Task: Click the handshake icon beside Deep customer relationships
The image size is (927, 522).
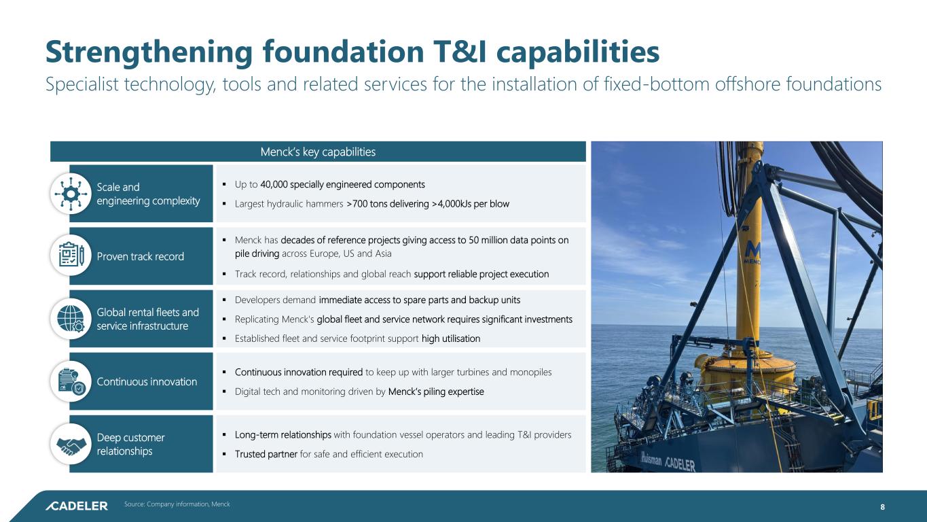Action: pos(71,446)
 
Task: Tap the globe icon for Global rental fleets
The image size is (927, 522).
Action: pos(71,319)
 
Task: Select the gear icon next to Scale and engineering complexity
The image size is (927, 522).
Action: pos(71,194)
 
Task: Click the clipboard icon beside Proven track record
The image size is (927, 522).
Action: pos(71,254)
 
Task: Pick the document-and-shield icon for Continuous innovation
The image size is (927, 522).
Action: pos(71,381)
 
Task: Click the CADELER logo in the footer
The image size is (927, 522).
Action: pos(77,506)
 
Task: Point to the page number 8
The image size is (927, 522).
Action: pos(882,507)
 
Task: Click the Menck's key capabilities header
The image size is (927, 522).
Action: pos(318,152)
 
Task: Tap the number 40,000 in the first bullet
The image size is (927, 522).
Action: pos(274,184)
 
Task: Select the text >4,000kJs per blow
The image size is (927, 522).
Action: pos(471,204)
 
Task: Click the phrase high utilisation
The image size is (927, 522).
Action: pos(451,338)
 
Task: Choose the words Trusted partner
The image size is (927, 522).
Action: pos(266,454)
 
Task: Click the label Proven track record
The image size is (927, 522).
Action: pos(141,256)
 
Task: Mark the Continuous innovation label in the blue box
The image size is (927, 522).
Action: pos(147,381)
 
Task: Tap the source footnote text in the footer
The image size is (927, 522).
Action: pos(177,504)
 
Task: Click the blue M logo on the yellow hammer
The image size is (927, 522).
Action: pos(752,251)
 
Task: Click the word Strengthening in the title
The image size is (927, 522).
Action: pos(149,52)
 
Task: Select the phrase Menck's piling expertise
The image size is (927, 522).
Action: pos(436,391)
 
